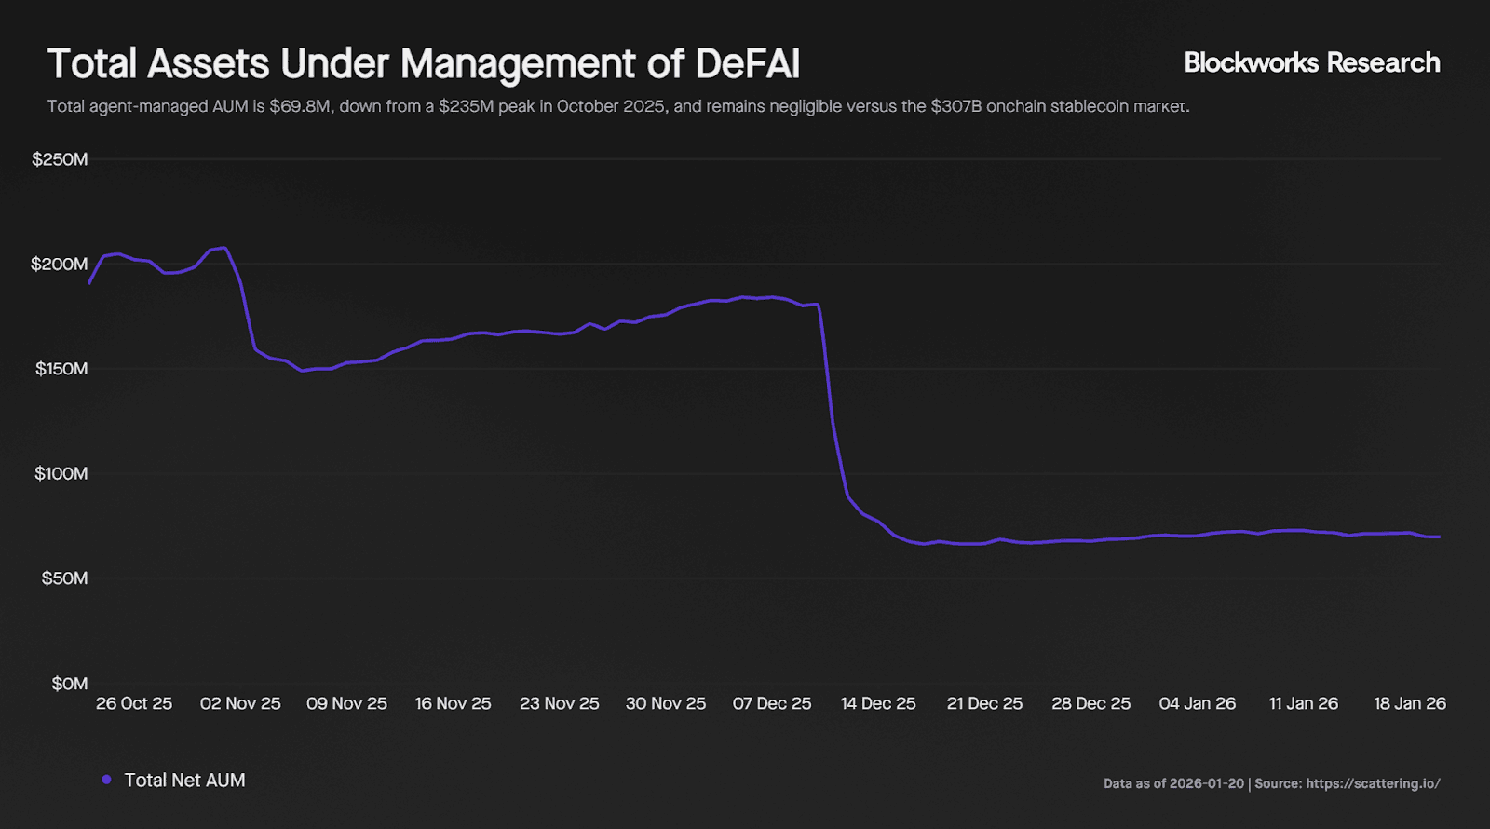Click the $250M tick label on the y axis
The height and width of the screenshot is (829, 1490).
pyautogui.click(x=60, y=159)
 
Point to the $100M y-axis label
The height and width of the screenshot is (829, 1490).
pyautogui.click(x=61, y=473)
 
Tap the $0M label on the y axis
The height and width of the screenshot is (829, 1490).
pyautogui.click(x=69, y=684)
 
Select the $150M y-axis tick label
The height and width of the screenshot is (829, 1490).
pyautogui.click(x=61, y=369)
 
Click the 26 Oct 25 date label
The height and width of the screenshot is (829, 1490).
pyautogui.click(x=134, y=703)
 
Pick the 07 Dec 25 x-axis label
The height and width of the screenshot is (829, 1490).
pyautogui.click(x=772, y=703)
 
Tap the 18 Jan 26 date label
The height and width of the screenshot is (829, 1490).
pyautogui.click(x=1410, y=703)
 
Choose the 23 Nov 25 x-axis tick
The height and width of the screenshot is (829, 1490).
pyautogui.click(x=560, y=703)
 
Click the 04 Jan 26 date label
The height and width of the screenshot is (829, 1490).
pyautogui.click(x=1198, y=703)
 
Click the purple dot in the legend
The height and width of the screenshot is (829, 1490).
pyautogui.click(x=106, y=780)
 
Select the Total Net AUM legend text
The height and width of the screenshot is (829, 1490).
pyautogui.click(x=185, y=781)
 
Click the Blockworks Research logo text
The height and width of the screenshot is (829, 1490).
pyautogui.click(x=1312, y=62)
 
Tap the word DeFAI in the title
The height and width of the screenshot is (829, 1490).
pyautogui.click(x=748, y=64)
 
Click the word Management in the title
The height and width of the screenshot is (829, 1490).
pyautogui.click(x=519, y=64)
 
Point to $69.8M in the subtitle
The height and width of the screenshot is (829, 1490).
pyautogui.click(x=300, y=106)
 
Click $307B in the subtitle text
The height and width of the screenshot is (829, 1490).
pyautogui.click(x=955, y=106)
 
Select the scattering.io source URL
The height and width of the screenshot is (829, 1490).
pyautogui.click(x=1373, y=783)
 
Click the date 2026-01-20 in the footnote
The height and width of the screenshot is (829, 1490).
pyautogui.click(x=1206, y=783)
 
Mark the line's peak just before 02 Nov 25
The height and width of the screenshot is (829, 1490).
pyautogui.click(x=223, y=248)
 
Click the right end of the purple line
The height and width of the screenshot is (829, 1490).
pyautogui.click(x=1439, y=537)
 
